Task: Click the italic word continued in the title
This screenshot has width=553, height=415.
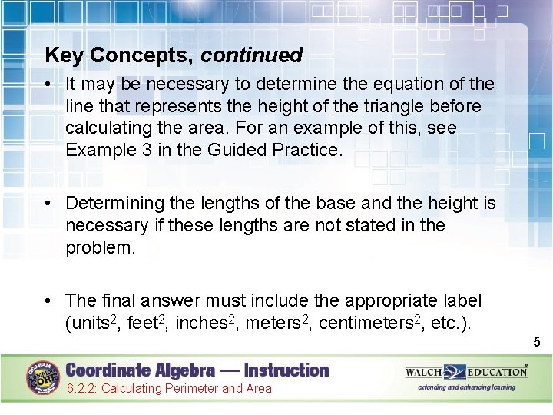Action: (252, 55)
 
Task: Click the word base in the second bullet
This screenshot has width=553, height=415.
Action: (343, 203)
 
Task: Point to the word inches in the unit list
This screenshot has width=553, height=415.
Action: (202, 323)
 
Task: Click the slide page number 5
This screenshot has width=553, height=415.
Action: (537, 342)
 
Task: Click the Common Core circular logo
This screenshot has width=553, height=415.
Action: (44, 377)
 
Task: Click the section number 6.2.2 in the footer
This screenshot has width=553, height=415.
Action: (81, 389)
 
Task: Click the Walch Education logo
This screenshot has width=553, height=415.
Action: (467, 372)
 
